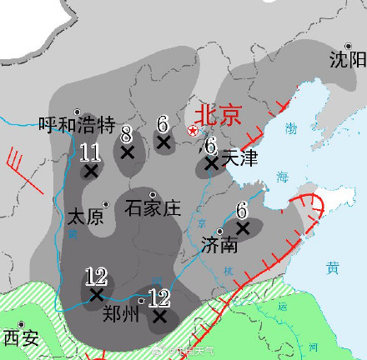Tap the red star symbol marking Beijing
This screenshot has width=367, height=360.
(193, 130)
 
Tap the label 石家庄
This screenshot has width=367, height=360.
(153, 207)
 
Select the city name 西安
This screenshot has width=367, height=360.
(21, 337)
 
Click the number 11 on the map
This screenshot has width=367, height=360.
(91, 152)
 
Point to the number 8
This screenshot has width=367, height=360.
(126, 134)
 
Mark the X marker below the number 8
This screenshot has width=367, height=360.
(127, 152)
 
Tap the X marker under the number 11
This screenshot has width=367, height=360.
(91, 171)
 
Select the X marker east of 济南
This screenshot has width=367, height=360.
(243, 227)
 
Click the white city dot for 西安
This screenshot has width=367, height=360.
(24, 324)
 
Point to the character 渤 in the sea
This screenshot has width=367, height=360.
(290, 127)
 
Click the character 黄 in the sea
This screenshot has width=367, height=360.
(333, 267)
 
